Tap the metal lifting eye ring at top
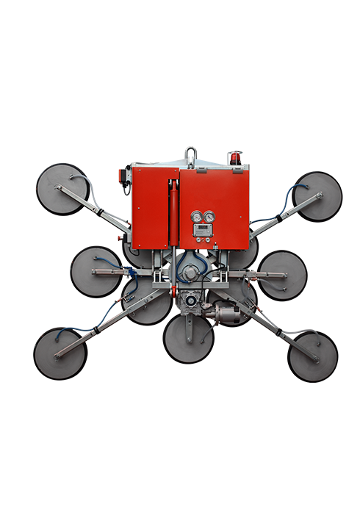[x=191, y=155]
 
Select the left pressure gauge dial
[x=196, y=217]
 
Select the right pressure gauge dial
[x=209, y=217]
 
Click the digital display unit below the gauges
[x=202, y=232]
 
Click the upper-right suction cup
[x=317, y=195]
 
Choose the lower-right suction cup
[x=312, y=356]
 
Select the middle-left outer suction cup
[x=96, y=271]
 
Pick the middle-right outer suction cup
[x=283, y=275]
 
